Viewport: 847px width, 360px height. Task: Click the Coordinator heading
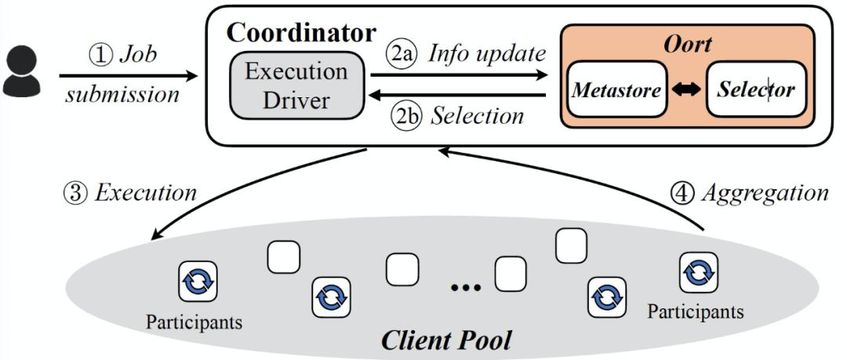301,33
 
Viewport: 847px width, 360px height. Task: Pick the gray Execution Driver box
296,85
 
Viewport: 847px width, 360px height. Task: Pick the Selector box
755,89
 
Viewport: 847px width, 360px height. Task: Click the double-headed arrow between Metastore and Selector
683,89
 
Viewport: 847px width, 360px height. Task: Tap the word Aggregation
765,191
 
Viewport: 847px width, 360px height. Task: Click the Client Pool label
445,340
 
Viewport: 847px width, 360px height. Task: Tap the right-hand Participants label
696,311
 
